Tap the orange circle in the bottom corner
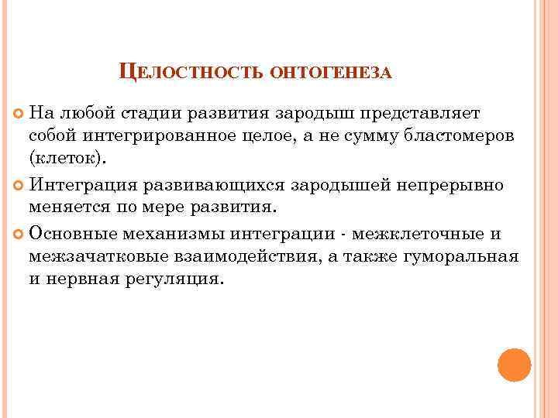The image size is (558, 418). tap(514, 365)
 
